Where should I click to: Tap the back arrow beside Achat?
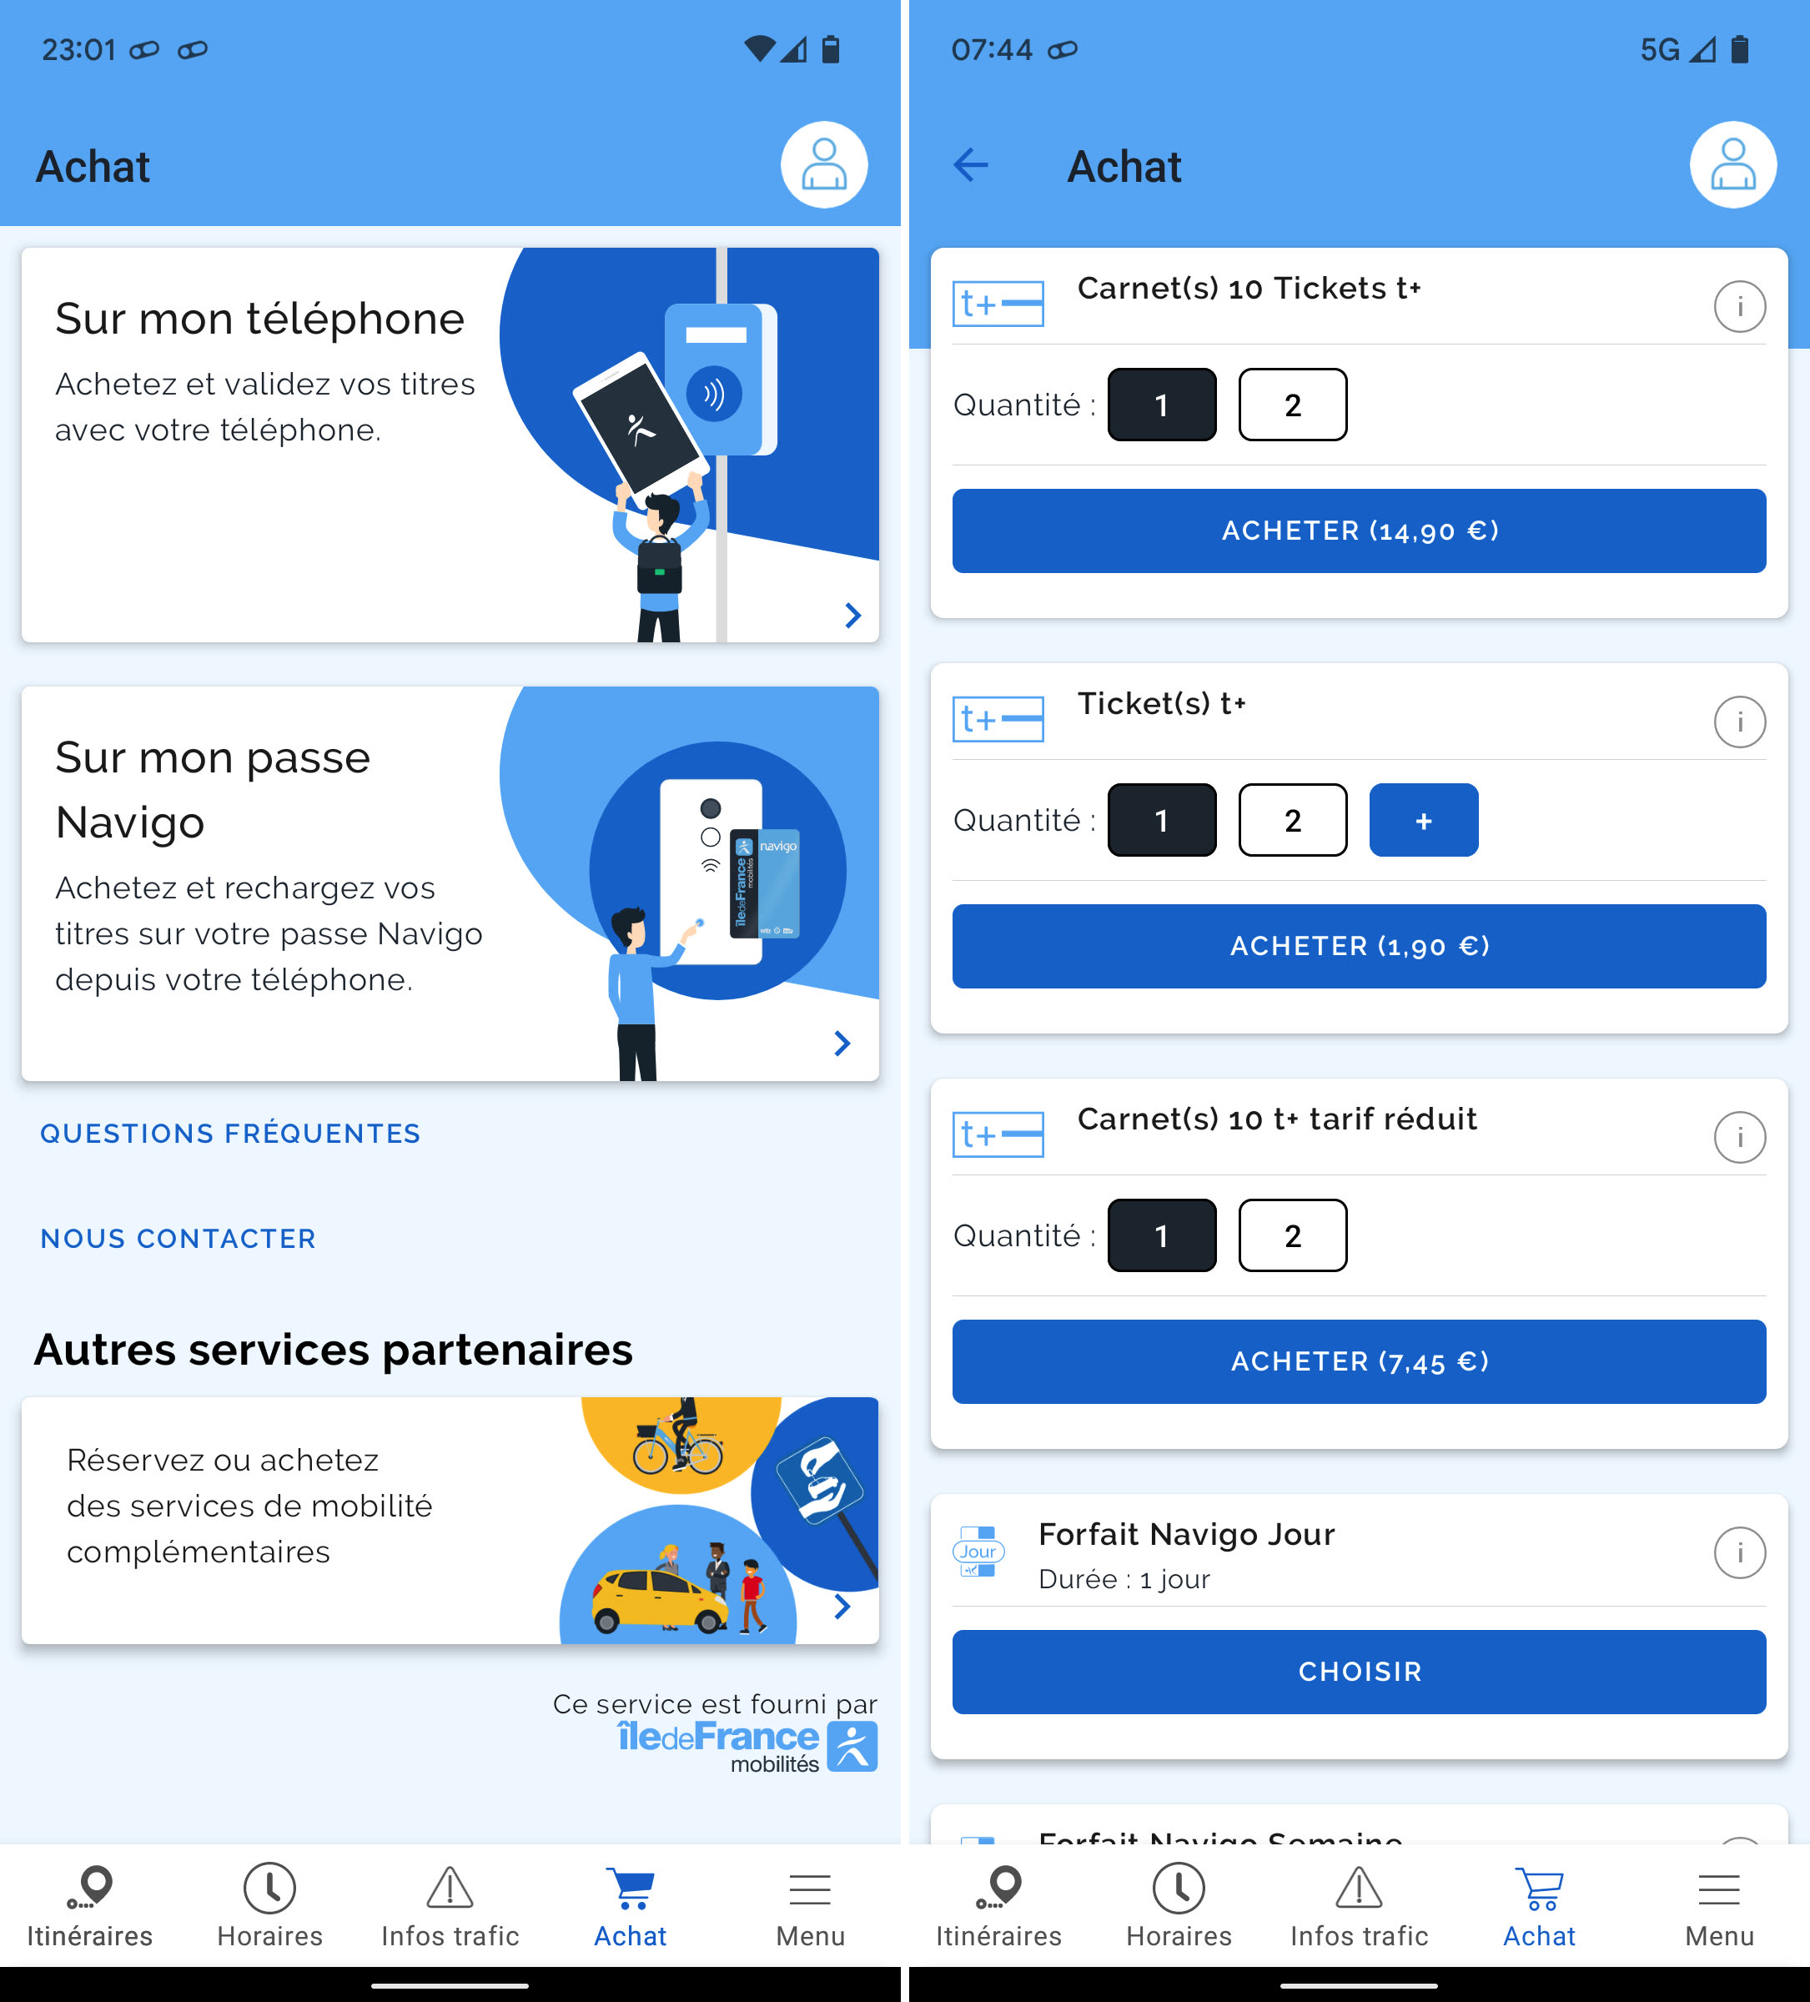click(970, 165)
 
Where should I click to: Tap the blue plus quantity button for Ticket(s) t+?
click(1424, 820)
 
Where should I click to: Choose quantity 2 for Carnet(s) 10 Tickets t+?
click(1293, 405)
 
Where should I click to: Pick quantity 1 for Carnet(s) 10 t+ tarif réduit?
click(1162, 1235)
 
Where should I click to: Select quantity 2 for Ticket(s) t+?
click(1293, 820)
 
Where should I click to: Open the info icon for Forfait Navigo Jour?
click(1739, 1552)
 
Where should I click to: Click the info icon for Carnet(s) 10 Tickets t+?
click(1739, 306)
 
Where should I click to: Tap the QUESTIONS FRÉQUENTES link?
click(230, 1133)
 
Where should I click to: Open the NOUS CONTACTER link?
click(178, 1239)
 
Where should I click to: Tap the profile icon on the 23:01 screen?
click(824, 165)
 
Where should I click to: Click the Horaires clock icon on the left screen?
click(269, 1888)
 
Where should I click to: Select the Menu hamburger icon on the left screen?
click(810, 1889)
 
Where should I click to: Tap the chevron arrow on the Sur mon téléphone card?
click(852, 616)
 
